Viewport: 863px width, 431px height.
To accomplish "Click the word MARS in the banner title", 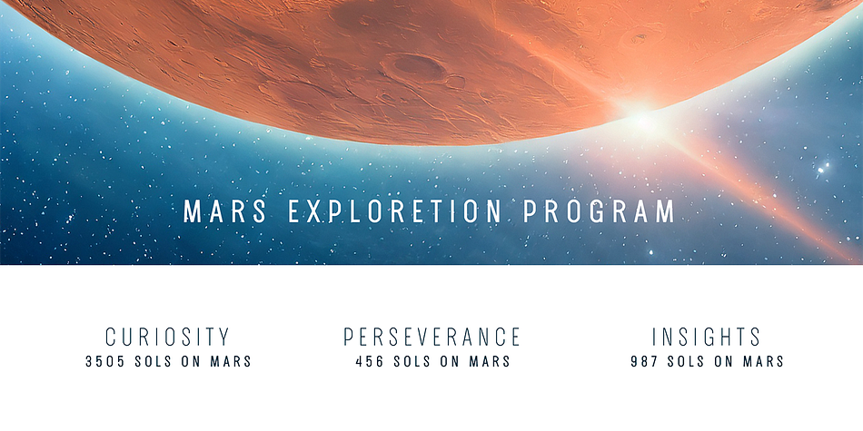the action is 224,211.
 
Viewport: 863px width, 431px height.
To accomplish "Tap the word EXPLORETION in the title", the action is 394,211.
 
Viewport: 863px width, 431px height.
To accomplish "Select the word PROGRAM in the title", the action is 599,211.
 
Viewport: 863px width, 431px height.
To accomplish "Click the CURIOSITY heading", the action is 167,337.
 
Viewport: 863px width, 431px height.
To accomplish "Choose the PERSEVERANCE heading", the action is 432,337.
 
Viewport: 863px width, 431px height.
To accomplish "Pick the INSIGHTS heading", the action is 706,337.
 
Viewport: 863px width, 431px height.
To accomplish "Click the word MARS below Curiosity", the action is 231,362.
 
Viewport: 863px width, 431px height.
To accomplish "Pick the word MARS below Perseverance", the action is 490,362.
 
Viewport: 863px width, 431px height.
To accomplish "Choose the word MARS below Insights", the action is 764,362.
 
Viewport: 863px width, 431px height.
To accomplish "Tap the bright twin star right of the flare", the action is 823,167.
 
